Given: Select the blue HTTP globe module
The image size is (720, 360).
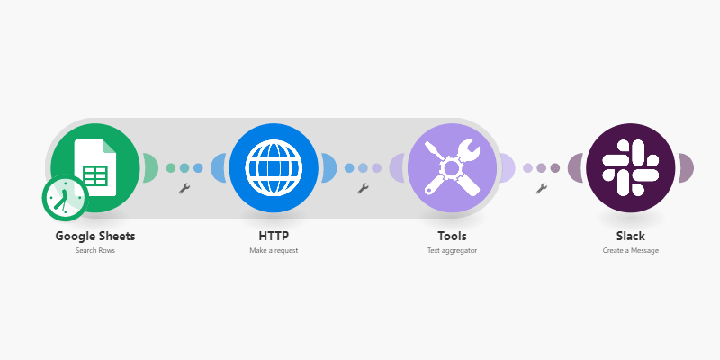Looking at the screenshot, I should (274, 167).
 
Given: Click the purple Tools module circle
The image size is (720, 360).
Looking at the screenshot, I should (452, 167).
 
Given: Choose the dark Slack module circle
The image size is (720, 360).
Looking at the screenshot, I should (630, 167).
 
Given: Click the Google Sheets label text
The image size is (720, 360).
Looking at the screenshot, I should (95, 236).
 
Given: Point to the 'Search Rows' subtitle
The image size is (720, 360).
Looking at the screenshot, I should (95, 251).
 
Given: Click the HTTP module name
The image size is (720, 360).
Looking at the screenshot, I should (274, 236).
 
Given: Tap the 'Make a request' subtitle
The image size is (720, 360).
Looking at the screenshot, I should (274, 251).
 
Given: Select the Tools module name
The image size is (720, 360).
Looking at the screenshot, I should (452, 236).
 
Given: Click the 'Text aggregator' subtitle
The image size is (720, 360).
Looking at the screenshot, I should (452, 251).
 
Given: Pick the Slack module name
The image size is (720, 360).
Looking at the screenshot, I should (630, 236).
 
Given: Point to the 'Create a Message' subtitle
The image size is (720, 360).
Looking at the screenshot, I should (630, 251).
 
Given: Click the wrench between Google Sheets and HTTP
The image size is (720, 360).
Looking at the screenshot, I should (184, 188).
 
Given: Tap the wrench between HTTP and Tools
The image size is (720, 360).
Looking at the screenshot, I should (363, 188).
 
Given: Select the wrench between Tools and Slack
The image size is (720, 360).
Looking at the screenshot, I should (541, 188).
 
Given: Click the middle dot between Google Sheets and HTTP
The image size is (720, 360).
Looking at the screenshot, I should (184, 167).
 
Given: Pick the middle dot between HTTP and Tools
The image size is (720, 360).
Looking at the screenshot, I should (363, 167).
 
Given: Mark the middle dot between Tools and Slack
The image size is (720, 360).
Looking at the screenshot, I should (541, 167).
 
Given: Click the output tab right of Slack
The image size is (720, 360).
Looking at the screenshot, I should (685, 167).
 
